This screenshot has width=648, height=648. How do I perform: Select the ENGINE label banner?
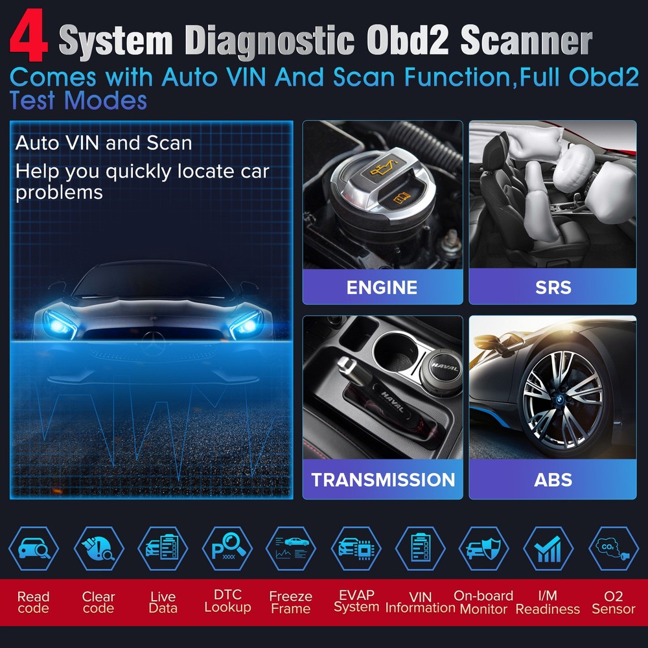[x=382, y=288]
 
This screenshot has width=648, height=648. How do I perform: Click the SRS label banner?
[x=553, y=288]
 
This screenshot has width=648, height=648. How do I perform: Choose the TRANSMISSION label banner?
[x=382, y=480]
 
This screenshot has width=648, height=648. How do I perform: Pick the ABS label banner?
[x=553, y=480]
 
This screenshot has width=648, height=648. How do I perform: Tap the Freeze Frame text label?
[x=291, y=603]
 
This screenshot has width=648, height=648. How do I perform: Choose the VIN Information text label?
[x=421, y=603]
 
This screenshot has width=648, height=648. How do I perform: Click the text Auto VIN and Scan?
[x=104, y=143]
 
